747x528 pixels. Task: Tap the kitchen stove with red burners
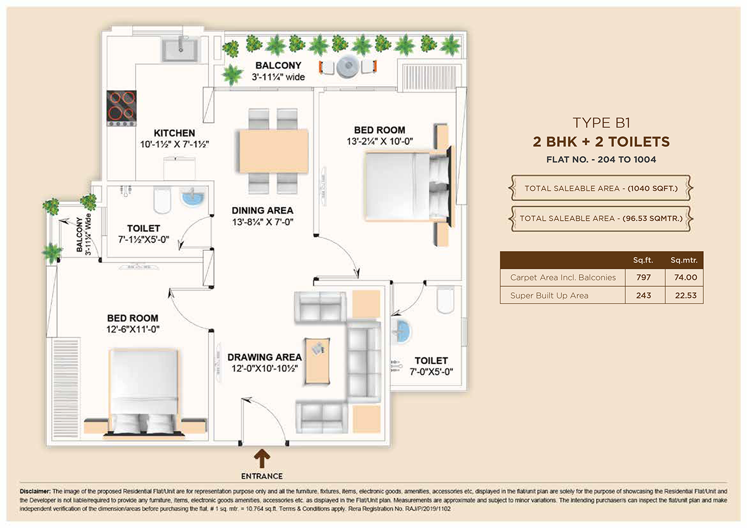[122, 106]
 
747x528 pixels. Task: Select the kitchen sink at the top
[180, 49]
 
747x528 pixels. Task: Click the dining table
[273, 150]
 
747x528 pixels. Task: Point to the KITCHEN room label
[174, 133]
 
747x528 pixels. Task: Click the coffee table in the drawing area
[317, 361]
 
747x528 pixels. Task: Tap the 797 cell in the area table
[643, 277]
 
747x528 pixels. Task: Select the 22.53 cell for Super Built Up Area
[685, 295]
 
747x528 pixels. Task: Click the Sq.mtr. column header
[684, 260]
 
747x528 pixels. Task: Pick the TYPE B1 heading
[601, 123]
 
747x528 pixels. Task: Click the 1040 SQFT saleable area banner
[601, 188]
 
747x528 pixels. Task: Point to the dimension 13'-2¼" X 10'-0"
[379, 141]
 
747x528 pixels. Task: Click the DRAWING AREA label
[264, 357]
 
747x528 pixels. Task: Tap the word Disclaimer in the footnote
[35, 491]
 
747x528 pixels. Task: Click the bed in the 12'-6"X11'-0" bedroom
[144, 390]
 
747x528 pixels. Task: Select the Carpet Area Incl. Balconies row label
[562, 277]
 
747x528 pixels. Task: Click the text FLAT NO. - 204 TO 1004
[601, 159]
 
